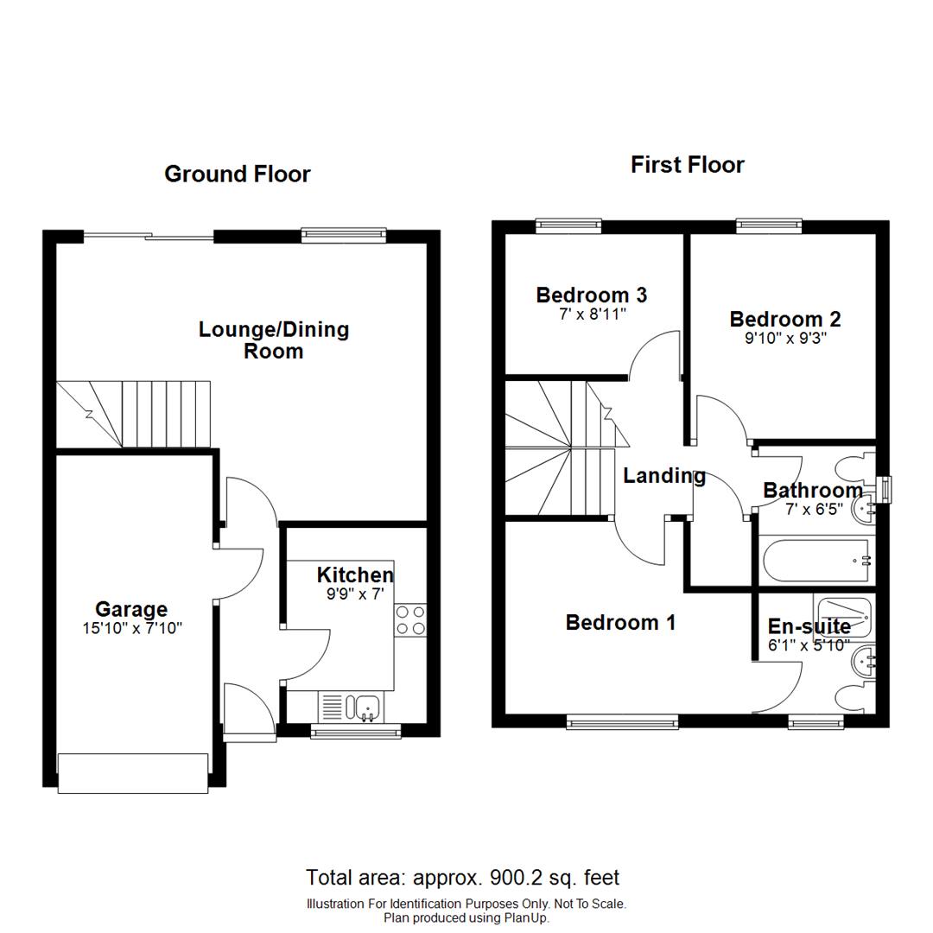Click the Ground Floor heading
(x=237, y=175)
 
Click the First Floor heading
(x=687, y=165)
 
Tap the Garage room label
(x=131, y=610)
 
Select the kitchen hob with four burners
(x=410, y=620)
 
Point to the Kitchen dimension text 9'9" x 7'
(x=355, y=594)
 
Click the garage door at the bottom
(x=133, y=772)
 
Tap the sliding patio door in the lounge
(x=148, y=236)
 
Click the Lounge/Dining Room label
(x=274, y=340)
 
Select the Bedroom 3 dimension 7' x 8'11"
(x=592, y=314)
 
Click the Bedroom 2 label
(x=784, y=319)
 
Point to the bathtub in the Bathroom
(x=816, y=562)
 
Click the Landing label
(x=664, y=476)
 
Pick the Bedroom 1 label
(x=620, y=622)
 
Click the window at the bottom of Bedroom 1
(x=622, y=721)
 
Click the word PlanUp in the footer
(x=526, y=917)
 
